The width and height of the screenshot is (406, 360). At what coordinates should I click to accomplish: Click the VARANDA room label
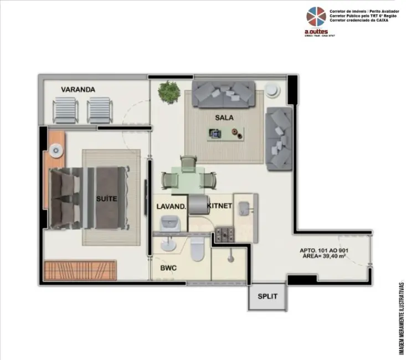[x=78, y=89]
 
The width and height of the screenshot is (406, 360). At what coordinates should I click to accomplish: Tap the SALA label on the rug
[x=224, y=117]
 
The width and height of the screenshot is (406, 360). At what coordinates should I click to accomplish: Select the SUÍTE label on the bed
[x=106, y=199]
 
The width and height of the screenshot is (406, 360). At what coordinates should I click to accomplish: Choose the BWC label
[x=168, y=268]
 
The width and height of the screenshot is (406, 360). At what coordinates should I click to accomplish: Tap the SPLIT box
[x=267, y=296]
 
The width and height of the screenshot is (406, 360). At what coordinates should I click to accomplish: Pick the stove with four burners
[x=225, y=235]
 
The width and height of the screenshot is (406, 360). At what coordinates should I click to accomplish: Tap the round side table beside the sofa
[x=272, y=90]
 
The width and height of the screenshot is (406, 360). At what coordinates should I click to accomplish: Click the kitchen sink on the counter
[x=244, y=208]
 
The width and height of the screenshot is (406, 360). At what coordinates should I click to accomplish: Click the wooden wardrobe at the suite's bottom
[x=80, y=271]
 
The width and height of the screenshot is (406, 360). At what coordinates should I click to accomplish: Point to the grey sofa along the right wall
[x=279, y=138]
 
